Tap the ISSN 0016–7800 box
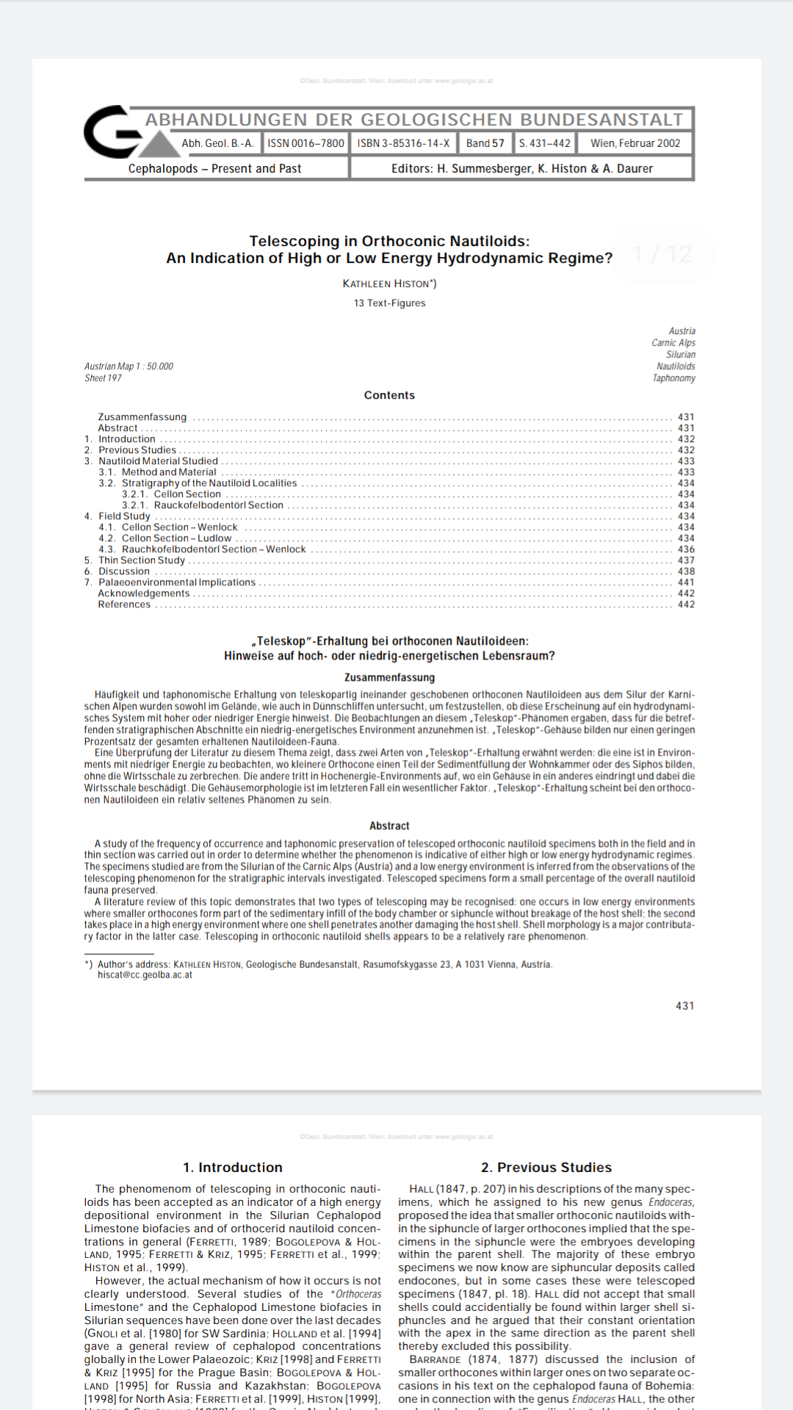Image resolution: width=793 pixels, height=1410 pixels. coord(305,143)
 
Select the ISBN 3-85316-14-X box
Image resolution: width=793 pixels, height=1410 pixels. coord(403,143)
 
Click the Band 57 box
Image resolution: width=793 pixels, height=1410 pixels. coord(485,143)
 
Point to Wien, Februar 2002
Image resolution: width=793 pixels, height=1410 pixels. coord(635,143)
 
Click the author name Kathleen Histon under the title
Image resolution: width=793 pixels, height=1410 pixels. coord(389,283)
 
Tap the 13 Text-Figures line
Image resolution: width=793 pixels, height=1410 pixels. coord(389,303)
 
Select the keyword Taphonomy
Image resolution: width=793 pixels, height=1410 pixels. coord(673,378)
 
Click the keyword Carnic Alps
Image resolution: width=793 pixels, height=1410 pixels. coord(673,343)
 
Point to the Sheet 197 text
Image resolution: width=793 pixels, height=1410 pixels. coord(103,378)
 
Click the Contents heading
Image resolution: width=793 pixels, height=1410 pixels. coord(389,395)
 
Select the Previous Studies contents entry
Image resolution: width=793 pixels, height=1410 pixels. coord(137,450)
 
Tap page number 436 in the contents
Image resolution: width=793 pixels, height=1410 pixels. coord(686,549)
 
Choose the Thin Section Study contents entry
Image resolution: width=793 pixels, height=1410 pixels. coord(142,560)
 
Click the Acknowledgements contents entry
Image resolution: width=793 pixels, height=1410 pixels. coord(144,593)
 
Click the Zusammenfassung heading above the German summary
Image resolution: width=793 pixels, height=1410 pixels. coord(389,677)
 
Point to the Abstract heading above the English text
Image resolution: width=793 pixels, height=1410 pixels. coord(389,825)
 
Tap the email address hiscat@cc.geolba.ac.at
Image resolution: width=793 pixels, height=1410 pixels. coord(145,975)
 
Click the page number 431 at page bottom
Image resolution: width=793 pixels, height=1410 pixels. coord(684,1006)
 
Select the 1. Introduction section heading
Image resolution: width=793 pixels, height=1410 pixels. coord(233,1167)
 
